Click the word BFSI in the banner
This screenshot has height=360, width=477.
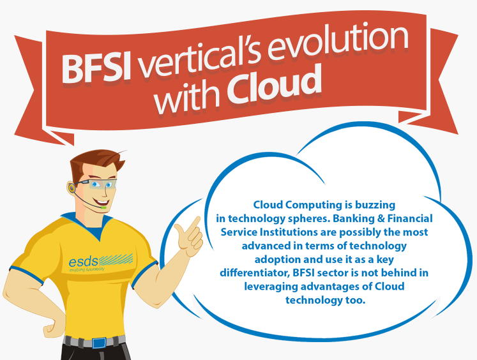(96, 68)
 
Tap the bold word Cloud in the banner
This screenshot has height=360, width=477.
(274, 84)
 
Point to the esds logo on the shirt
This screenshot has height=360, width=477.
(101, 262)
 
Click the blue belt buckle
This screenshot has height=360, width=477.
(99, 343)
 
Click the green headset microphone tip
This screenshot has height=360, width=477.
(103, 207)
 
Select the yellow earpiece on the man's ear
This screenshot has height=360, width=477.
(72, 188)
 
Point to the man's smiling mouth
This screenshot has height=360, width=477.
(101, 202)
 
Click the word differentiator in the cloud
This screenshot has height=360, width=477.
(254, 273)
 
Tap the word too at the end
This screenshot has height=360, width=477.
(355, 301)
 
